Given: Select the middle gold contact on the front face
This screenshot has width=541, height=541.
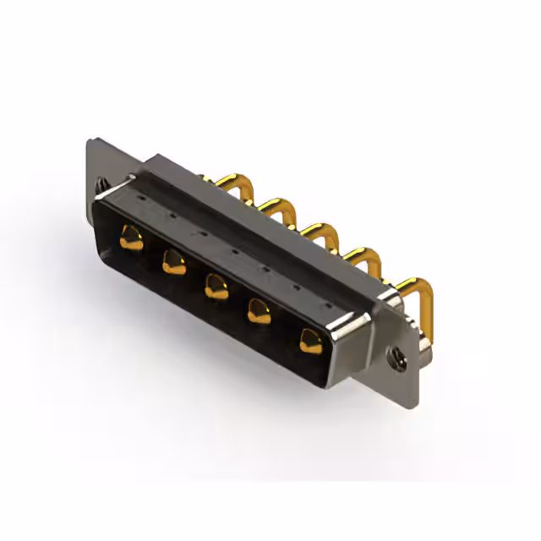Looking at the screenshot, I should coord(216,287).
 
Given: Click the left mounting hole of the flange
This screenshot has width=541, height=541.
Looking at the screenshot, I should coord(101,183).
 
